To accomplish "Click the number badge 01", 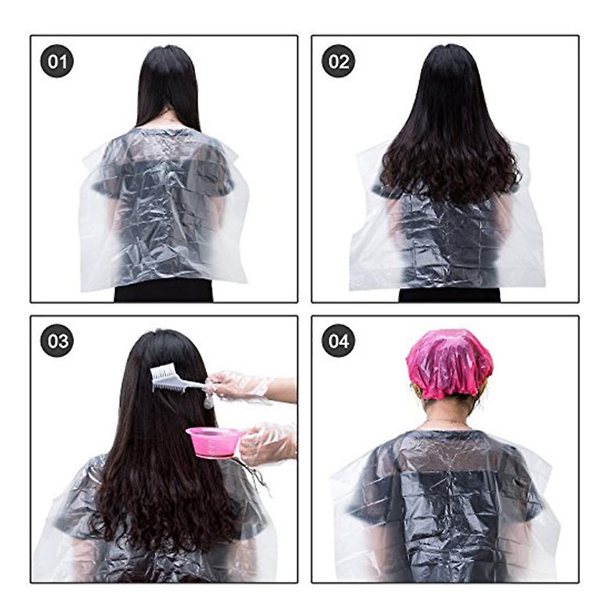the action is click(x=57, y=61).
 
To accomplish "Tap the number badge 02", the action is click(x=338, y=61).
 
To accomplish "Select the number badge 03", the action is click(x=57, y=341).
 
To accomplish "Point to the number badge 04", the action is click(x=338, y=341).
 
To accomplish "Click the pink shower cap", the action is click(x=450, y=363).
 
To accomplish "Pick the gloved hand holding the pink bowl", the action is click(x=268, y=445).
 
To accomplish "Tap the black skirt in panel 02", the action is click(x=450, y=294).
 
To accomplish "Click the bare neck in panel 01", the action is click(x=169, y=119).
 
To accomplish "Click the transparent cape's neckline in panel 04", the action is click(x=450, y=431).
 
